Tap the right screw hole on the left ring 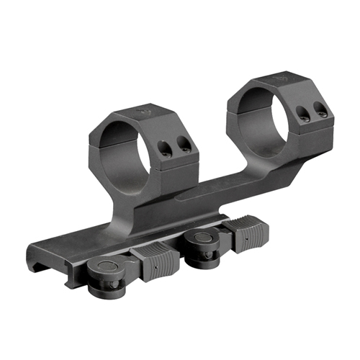coord(185,146)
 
